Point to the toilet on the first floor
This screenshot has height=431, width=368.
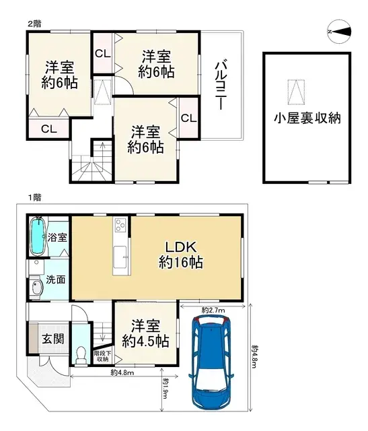tap(81, 354)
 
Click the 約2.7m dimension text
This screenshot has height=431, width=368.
tap(213, 310)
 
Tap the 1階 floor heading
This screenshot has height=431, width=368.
tap(34, 197)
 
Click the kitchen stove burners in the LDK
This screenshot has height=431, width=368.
tap(121, 225)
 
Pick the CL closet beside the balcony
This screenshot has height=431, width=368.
tap(188, 118)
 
